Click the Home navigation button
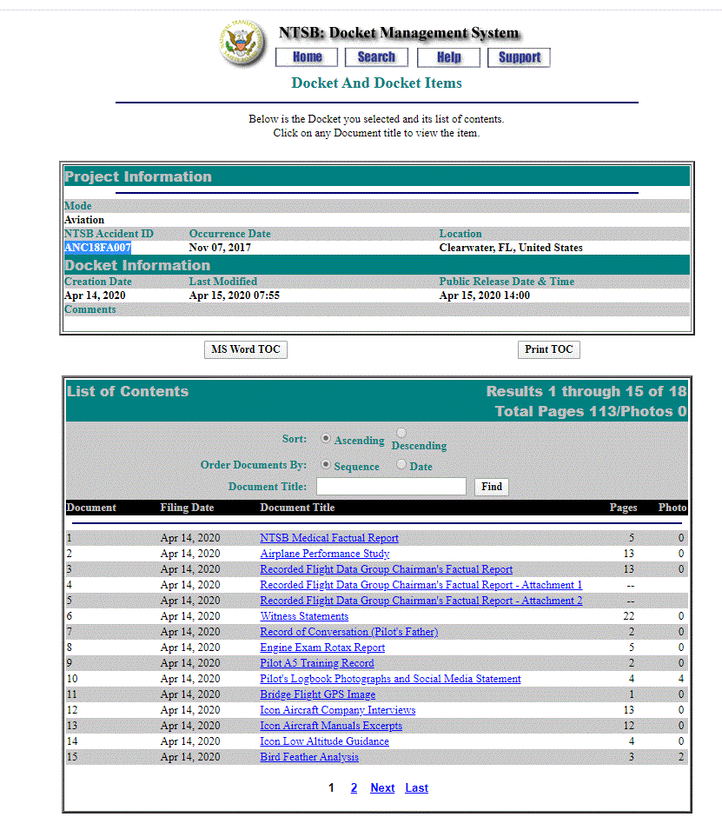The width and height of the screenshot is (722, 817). point(307,57)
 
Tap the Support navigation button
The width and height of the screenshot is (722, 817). point(519,57)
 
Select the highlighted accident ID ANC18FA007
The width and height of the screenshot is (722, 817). point(97,248)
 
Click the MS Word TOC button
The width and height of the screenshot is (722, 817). point(245,349)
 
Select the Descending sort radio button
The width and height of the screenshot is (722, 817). point(401,433)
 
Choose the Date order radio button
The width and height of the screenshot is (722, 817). point(401,465)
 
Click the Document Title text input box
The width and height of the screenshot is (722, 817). point(391,487)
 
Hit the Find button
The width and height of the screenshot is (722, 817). point(492,487)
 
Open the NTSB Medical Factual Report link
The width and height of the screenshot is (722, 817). point(329,538)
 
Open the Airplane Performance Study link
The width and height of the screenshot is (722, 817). point(325,554)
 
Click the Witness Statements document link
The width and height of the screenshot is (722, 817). point(304,616)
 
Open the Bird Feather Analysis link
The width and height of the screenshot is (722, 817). point(309,757)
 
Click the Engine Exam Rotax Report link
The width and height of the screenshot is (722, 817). point(322,648)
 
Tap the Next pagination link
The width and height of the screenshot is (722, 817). point(382,788)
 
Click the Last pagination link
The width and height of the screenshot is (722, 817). point(416,788)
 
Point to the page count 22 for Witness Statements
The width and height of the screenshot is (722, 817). point(630,616)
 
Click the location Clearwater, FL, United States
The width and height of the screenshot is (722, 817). point(511,248)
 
